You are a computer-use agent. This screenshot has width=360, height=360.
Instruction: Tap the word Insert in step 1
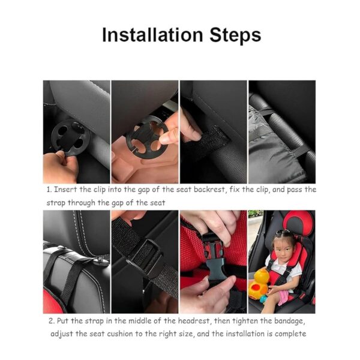tap(70, 189)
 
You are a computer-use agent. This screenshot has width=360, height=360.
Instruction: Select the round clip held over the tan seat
tap(144, 136)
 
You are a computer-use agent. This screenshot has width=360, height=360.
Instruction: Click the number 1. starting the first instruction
tap(50, 189)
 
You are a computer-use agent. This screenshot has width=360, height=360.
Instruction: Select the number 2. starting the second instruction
tap(50, 320)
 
